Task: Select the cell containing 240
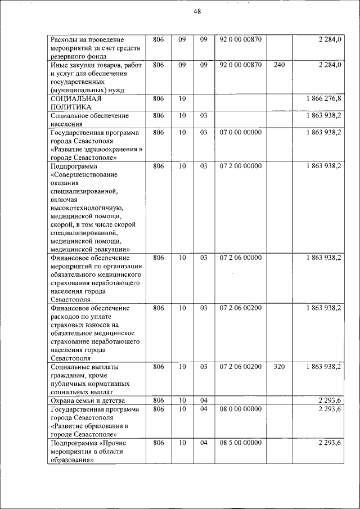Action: [279, 65]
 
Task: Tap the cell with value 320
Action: [279, 367]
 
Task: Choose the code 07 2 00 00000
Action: [241, 166]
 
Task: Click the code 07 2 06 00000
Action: [241, 258]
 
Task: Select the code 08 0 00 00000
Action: [241, 409]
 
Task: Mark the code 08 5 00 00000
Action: [241, 443]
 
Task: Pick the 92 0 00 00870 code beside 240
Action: [241, 65]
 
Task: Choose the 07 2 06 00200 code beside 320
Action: [241, 367]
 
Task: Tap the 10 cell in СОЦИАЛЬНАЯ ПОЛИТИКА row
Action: [182, 98]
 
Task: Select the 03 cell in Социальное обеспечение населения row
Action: [204, 115]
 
